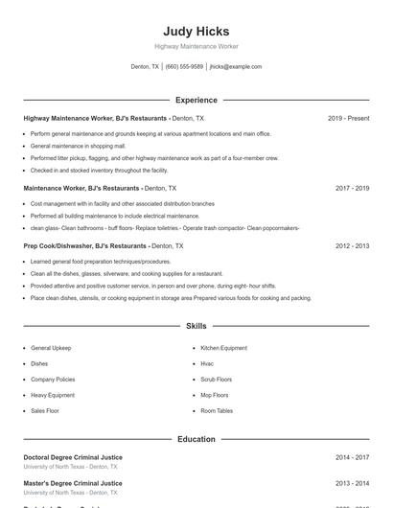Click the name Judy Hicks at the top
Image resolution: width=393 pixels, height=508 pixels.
click(196, 32)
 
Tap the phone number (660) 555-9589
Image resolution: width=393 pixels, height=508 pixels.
click(184, 67)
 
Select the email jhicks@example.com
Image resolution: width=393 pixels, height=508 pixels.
click(236, 67)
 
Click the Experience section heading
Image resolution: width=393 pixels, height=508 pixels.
click(196, 100)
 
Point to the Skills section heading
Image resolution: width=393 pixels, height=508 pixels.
click(196, 327)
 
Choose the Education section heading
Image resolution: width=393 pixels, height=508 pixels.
click(196, 439)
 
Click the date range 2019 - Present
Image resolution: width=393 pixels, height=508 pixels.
click(348, 118)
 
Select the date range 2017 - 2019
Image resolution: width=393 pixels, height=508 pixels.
click(352, 189)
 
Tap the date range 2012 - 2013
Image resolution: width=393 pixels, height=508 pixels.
click(352, 246)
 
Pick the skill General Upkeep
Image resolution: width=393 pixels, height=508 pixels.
click(51, 348)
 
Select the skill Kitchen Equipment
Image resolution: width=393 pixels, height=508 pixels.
click(223, 348)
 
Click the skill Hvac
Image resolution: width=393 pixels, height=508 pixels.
click(207, 364)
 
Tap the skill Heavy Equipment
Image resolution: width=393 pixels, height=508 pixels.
click(53, 395)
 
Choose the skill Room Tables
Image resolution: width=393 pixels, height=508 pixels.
click(217, 410)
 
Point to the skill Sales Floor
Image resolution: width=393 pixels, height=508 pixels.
click(45, 410)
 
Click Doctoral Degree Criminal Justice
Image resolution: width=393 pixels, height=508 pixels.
click(73, 458)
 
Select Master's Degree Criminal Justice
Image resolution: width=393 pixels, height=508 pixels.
click(73, 483)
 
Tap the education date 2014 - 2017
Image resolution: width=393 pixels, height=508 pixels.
click(352, 458)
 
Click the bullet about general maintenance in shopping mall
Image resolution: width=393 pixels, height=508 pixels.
click(72, 146)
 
